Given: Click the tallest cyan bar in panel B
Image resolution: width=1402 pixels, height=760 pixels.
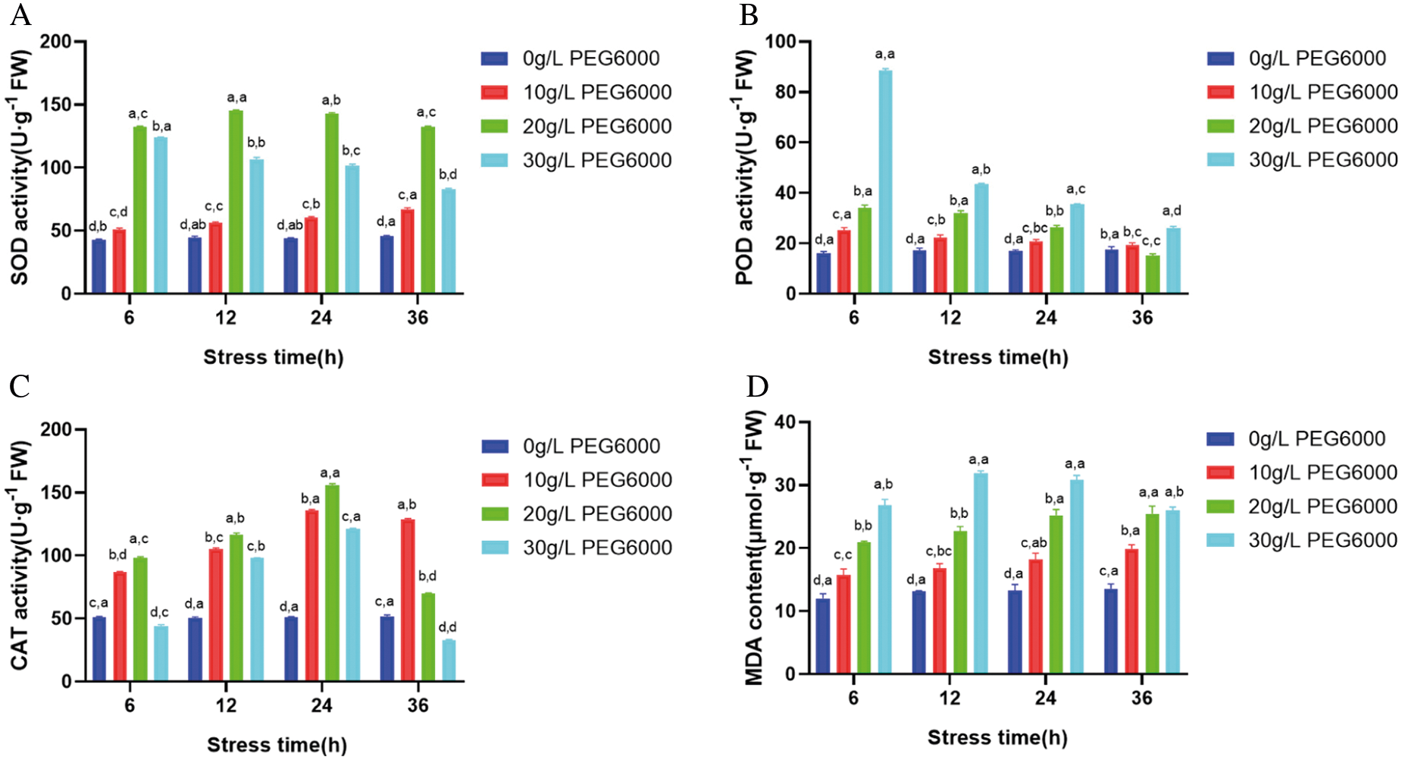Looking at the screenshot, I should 885,181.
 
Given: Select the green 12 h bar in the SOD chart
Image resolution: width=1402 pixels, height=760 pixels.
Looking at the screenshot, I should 236,202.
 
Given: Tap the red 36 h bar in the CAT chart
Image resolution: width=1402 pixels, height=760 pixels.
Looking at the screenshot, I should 408,600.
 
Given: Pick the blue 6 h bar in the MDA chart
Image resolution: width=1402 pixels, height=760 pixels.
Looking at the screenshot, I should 823,636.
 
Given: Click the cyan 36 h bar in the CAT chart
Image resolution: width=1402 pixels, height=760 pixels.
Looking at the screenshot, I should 449,661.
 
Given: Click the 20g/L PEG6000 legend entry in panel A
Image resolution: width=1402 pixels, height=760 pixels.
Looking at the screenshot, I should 577,126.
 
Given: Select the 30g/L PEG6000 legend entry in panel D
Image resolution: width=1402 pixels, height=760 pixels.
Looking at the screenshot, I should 1302,540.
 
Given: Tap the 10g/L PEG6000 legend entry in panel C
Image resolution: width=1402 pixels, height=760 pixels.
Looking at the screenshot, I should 577,480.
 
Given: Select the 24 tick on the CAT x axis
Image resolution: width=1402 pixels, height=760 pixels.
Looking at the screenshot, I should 321,705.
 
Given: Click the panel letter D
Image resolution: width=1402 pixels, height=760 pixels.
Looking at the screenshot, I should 757,386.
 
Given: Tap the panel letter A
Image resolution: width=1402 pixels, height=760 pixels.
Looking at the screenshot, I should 20,14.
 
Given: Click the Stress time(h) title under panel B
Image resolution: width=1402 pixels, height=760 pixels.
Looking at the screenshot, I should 998,357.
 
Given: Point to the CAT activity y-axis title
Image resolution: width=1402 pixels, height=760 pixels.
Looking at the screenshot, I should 20,556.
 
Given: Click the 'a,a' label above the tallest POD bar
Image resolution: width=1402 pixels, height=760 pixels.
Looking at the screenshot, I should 884,54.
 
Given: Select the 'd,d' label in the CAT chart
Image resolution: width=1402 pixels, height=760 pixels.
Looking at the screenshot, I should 447,627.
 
